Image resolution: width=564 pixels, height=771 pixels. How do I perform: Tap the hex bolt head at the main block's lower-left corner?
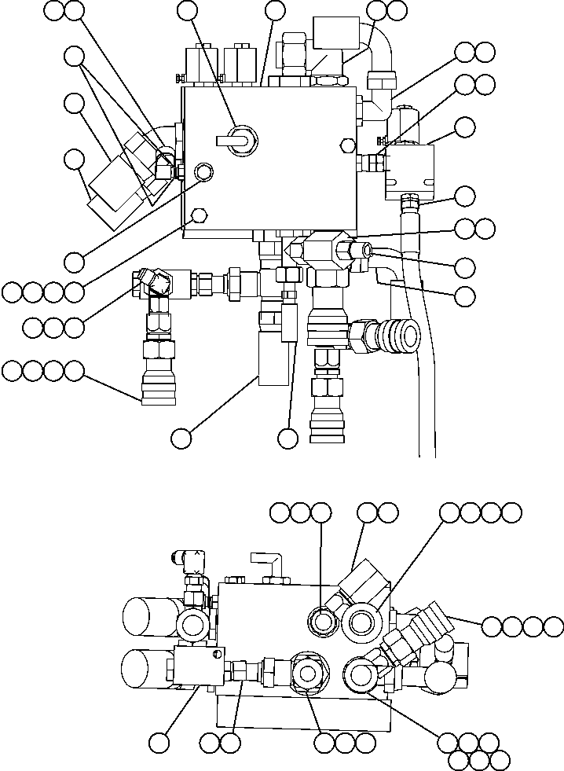point(199,215)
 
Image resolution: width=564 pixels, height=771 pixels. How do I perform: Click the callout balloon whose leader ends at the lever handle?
point(188,10)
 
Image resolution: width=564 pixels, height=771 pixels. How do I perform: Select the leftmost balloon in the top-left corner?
point(53,10)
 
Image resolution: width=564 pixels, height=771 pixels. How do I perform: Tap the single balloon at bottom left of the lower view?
point(160,742)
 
